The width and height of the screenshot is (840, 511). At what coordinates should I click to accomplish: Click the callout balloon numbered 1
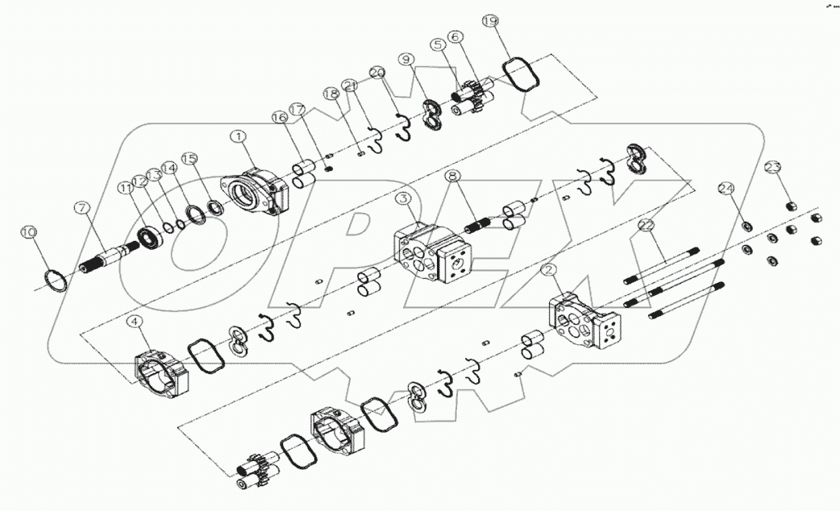pyautogui.click(x=239, y=138)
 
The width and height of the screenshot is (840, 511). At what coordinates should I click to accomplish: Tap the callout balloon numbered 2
pyautogui.click(x=551, y=268)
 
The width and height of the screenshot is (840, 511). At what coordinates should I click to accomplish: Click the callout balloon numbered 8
pyautogui.click(x=452, y=175)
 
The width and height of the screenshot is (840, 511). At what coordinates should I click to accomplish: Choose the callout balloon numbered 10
pyautogui.click(x=29, y=232)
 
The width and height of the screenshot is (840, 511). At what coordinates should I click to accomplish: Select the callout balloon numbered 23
pyautogui.click(x=773, y=167)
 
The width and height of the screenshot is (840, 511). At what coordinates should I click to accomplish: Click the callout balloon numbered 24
pyautogui.click(x=726, y=189)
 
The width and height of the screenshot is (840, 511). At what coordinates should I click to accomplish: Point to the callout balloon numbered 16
pyautogui.click(x=279, y=118)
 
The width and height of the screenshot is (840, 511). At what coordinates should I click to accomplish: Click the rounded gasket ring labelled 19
pyautogui.click(x=522, y=75)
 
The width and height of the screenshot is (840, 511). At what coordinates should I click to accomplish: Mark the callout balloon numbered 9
pyautogui.click(x=405, y=59)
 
